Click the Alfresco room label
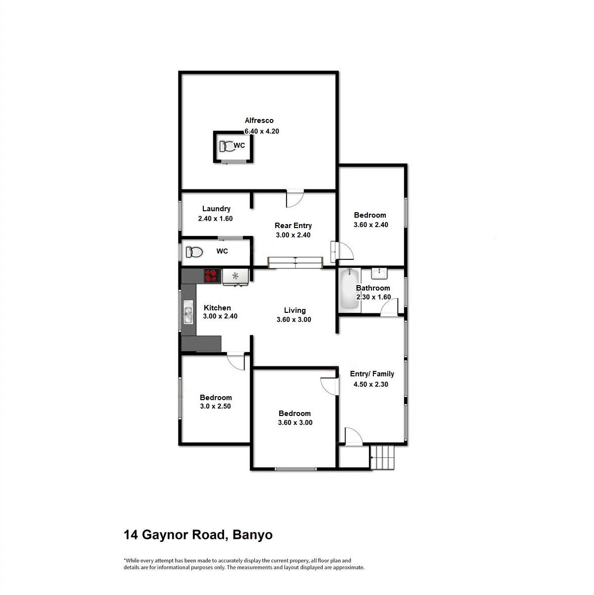[x=259, y=120]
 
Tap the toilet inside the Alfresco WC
[x=227, y=146]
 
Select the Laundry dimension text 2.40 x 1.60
[x=215, y=219]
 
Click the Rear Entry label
[x=293, y=226]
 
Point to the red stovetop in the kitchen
[x=212, y=275]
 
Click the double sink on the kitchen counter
[x=188, y=312]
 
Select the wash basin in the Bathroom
[x=379, y=273]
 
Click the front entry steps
[x=382, y=457]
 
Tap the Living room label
[x=295, y=310]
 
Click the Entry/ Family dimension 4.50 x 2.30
[x=371, y=384]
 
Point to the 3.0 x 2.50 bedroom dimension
[x=215, y=407]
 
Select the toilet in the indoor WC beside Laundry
[x=194, y=252]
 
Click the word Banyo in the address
[x=252, y=535]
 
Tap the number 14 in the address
[x=131, y=535]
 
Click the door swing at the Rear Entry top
[x=295, y=198]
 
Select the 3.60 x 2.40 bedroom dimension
[x=371, y=225]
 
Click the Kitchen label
[x=217, y=308]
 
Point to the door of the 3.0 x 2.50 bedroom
[x=236, y=361]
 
